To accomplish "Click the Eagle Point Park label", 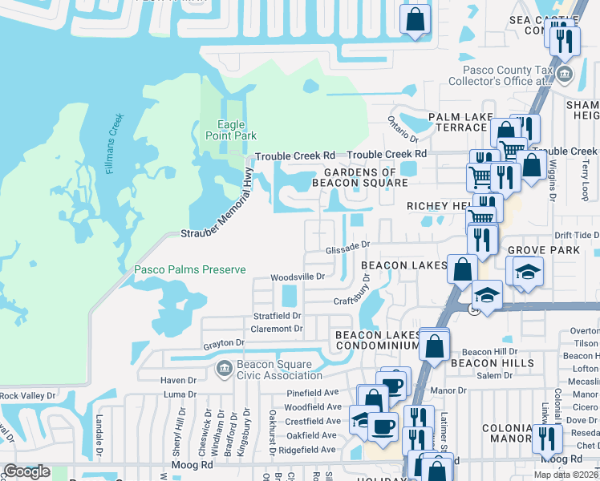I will click(x=237, y=130).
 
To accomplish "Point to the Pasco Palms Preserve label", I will click(x=189, y=270).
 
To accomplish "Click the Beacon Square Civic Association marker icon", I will click(x=222, y=368).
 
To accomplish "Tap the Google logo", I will click(x=26, y=471).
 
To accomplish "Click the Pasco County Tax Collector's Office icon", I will click(x=565, y=76).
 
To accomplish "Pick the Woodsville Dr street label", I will click(x=297, y=277).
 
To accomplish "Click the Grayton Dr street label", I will click(x=223, y=343).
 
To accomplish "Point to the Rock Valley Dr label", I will click(x=27, y=395).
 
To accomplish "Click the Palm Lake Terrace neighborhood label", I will click(x=468, y=123).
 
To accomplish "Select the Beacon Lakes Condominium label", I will click(x=377, y=340).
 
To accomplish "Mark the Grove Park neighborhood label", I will click(x=543, y=251).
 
